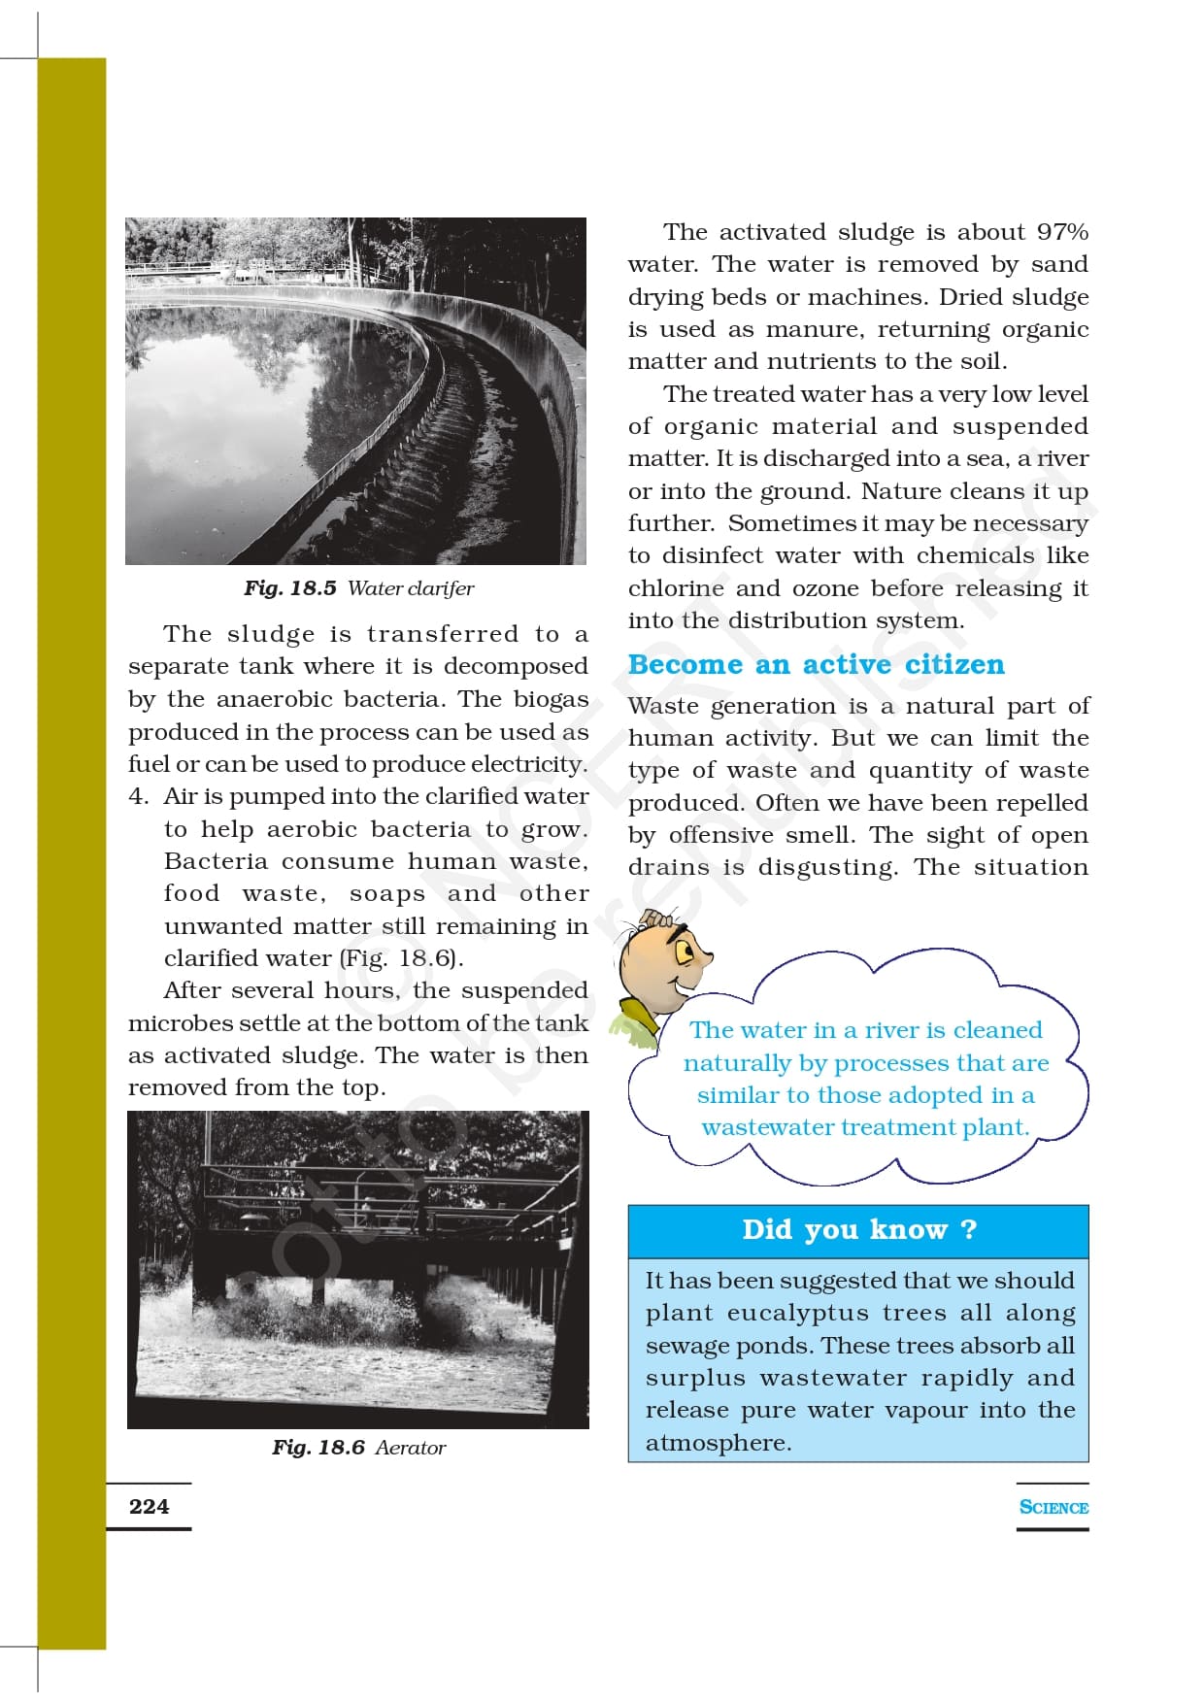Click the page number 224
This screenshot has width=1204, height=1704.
(149, 1506)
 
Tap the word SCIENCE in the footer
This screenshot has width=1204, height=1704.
(1053, 1507)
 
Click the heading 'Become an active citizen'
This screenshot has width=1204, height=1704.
(816, 664)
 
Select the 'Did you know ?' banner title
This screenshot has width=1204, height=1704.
(858, 1229)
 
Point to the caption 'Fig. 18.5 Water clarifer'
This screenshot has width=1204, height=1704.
(358, 588)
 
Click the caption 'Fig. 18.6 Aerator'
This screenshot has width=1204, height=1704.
(358, 1447)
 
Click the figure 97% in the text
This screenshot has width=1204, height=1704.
(1062, 232)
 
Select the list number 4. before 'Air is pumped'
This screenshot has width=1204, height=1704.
(139, 796)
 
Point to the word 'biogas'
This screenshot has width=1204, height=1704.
(551, 699)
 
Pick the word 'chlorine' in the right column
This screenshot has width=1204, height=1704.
(676, 588)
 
